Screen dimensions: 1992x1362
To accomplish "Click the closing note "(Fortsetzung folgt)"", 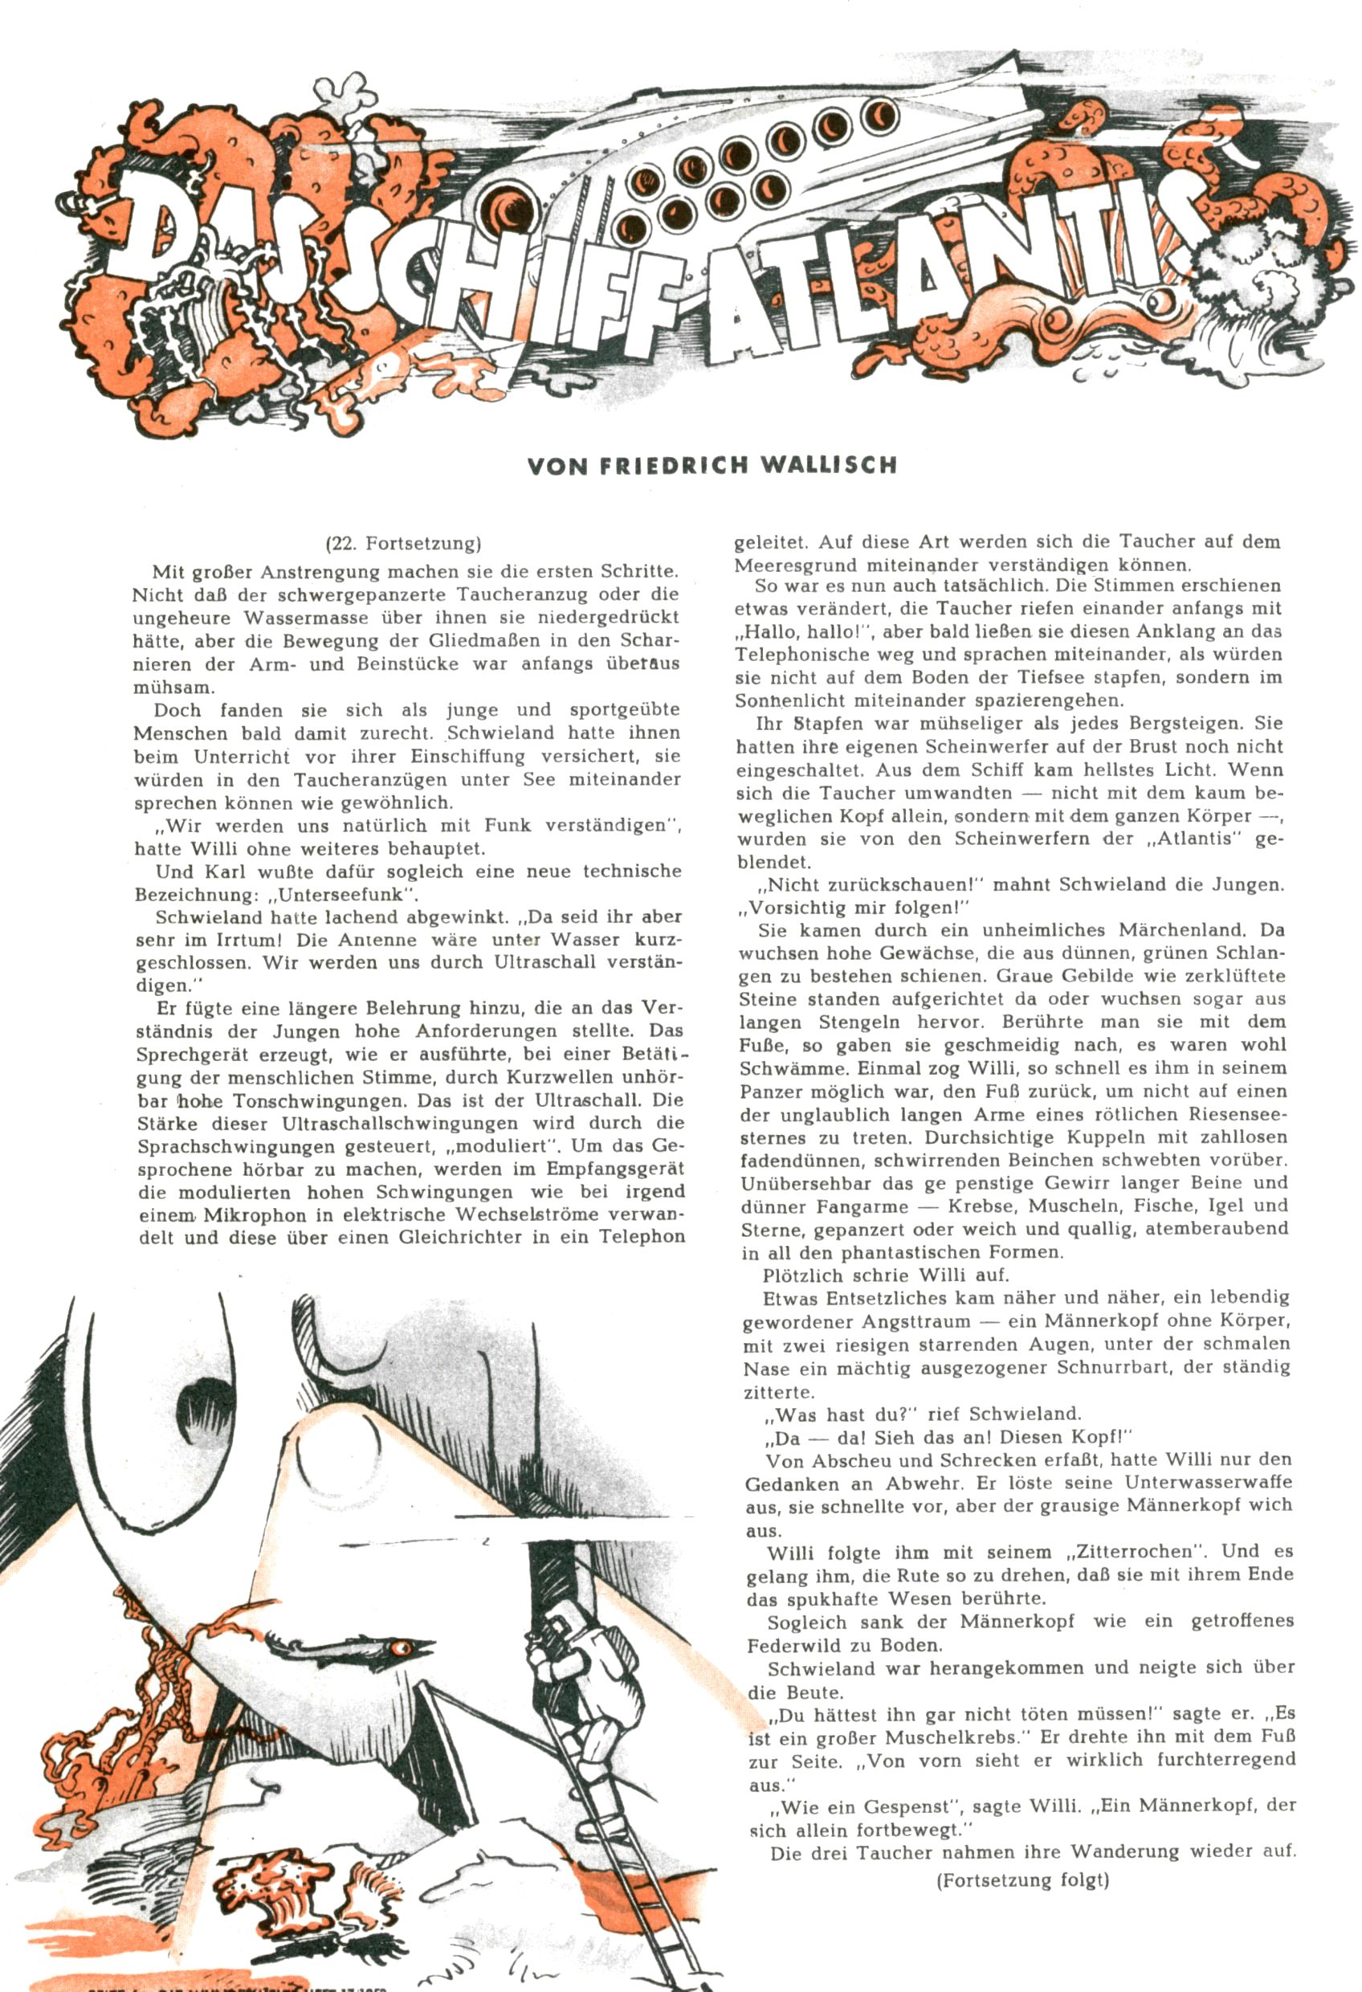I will (x=1022, y=1880).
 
